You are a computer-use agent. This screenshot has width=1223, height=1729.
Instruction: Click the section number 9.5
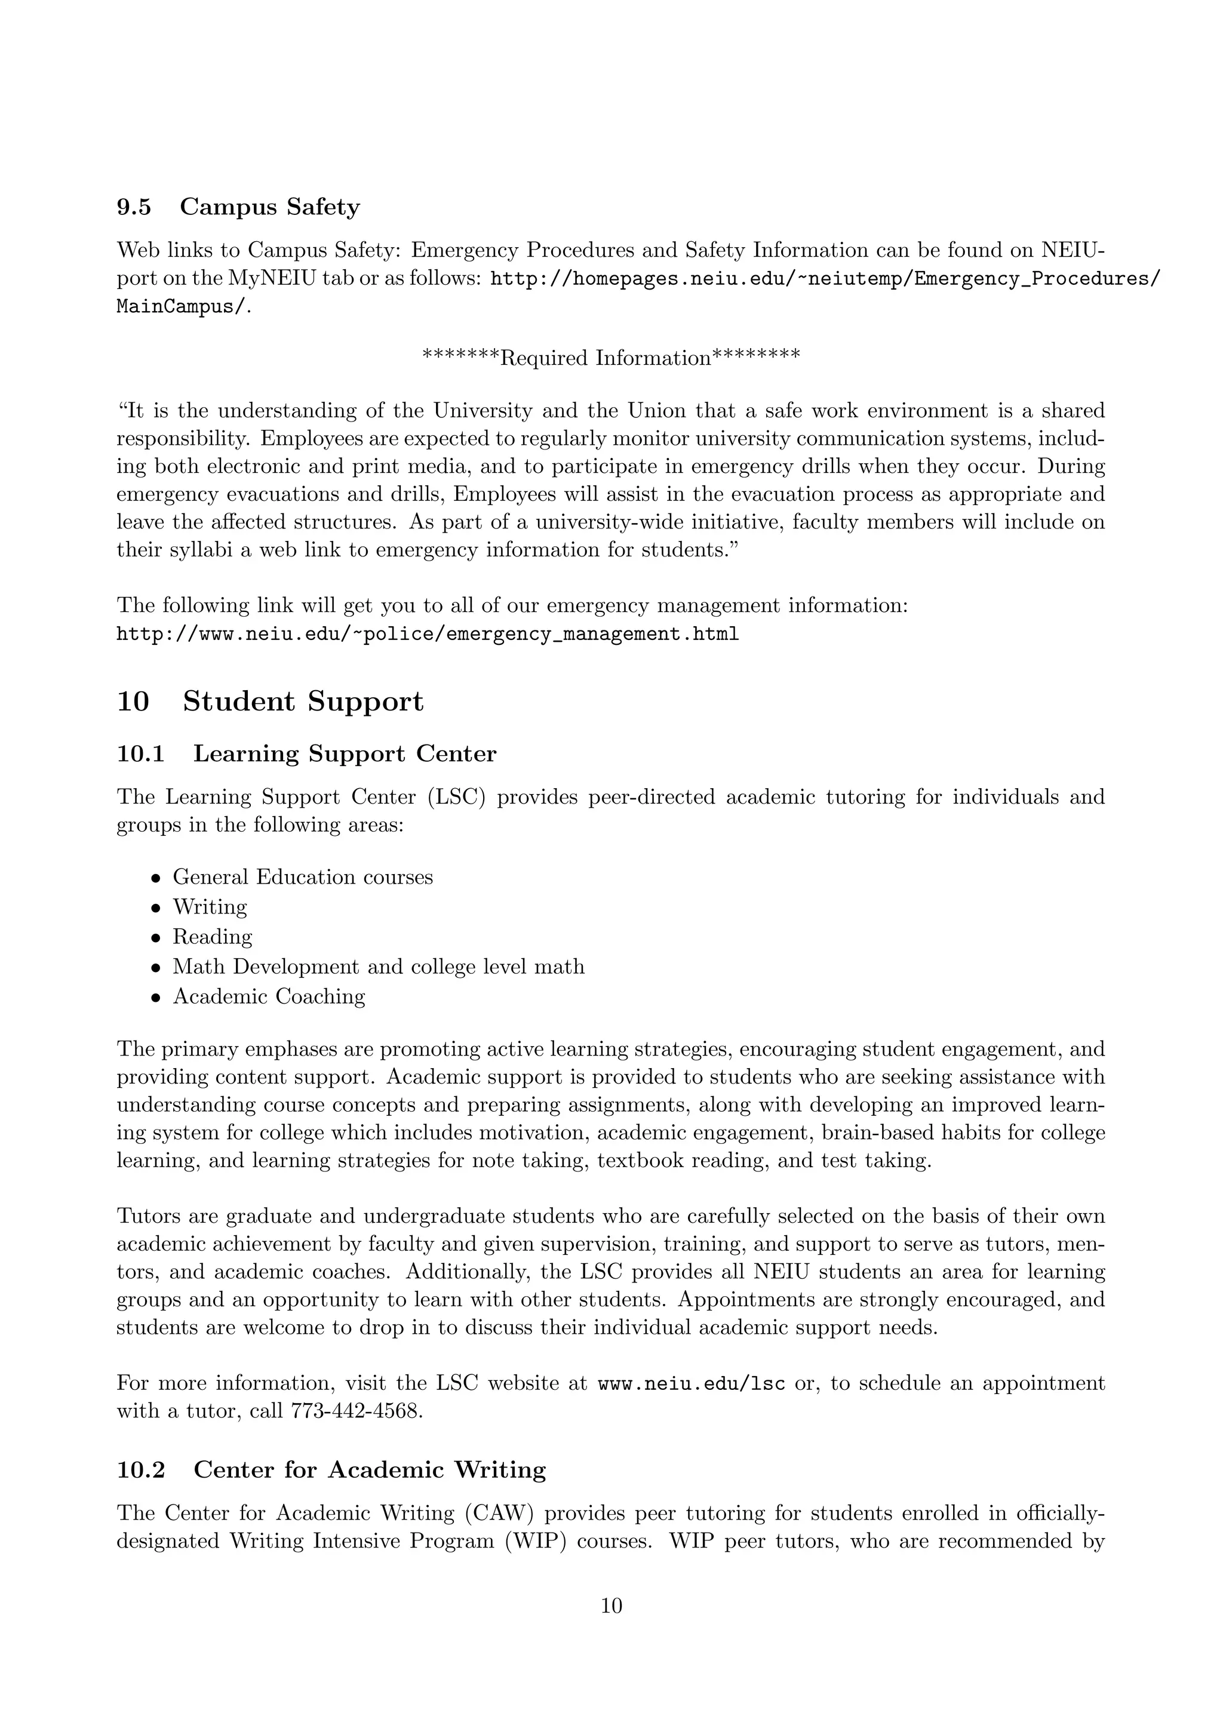tap(133, 207)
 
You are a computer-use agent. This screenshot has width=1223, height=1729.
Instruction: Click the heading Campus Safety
tap(269, 207)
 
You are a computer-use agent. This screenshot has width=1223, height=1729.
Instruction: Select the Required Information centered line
tap(611, 357)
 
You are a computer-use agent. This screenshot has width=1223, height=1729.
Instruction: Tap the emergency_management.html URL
tap(427, 634)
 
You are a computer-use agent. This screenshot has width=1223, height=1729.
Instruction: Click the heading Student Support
tap(303, 702)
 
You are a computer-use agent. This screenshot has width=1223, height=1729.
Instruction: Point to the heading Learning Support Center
tap(345, 754)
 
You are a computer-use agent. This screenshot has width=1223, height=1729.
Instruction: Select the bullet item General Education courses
tap(303, 877)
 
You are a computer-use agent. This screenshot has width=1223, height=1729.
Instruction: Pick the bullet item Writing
tap(210, 907)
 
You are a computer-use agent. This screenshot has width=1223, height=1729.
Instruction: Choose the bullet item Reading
tap(213, 937)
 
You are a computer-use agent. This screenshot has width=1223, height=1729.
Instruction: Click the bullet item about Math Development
tap(378, 967)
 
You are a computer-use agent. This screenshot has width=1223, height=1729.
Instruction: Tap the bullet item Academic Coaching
tap(269, 996)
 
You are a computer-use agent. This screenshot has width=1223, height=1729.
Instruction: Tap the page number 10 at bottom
tap(611, 1606)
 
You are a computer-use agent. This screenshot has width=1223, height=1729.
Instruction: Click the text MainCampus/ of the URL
tap(182, 307)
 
